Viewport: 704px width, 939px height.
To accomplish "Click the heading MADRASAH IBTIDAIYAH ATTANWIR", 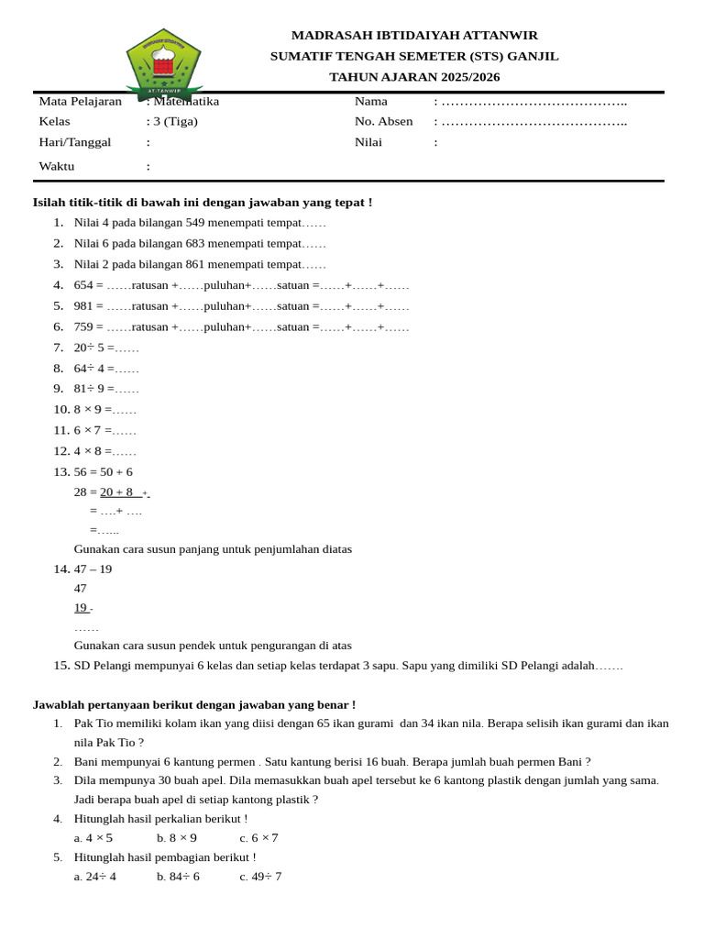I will click(414, 35).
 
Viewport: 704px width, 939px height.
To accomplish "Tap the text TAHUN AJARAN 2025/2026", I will click(414, 76).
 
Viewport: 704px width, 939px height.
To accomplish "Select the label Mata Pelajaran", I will click(80, 101).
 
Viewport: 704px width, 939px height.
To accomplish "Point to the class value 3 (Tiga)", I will click(175, 121).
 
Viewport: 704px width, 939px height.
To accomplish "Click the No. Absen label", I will click(383, 121).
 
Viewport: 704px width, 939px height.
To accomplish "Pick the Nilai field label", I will click(368, 142).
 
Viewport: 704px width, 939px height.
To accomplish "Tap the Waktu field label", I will click(56, 166).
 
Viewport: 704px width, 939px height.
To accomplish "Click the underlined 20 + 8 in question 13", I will click(116, 492).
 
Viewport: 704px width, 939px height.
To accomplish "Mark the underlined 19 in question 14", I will click(81, 607).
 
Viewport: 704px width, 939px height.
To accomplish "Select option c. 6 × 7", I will click(258, 837).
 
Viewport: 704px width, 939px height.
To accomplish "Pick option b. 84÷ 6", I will click(178, 876).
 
